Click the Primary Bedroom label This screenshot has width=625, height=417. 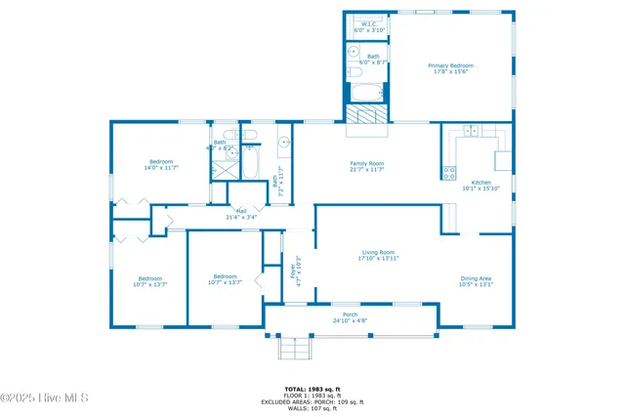pos(449,68)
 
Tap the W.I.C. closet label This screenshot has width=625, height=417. pos(369,27)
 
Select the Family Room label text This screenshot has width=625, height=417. pos(367,166)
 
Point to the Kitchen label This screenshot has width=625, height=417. pos(481,186)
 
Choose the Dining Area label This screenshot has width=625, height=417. pos(477,282)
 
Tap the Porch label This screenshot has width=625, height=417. pos(350,317)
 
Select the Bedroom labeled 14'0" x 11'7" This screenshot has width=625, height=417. pos(161,164)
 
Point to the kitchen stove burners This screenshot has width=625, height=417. pos(449,174)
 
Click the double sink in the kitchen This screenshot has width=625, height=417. pos(471,130)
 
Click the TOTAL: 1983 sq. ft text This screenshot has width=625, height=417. pos(312,389)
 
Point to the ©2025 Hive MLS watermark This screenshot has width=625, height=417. pos(45,397)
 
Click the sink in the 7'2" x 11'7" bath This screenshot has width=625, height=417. pos(283,146)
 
